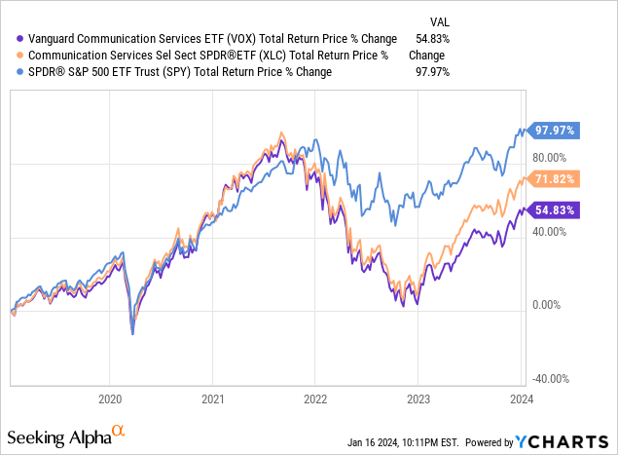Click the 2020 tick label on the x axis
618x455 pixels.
[110, 398]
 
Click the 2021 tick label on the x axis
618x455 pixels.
[213, 398]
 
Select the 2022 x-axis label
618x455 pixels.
[315, 398]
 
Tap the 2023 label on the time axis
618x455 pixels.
[418, 398]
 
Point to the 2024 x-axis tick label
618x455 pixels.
[520, 398]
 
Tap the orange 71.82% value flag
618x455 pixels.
[555, 179]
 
